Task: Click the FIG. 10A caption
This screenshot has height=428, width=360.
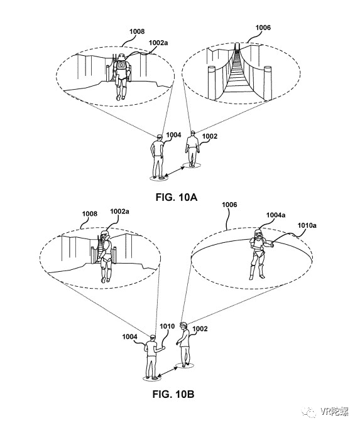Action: [x=177, y=197]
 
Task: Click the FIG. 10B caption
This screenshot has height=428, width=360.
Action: [x=173, y=394]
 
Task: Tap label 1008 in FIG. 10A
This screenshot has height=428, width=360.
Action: [x=137, y=31]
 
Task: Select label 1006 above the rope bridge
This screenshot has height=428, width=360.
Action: [x=263, y=28]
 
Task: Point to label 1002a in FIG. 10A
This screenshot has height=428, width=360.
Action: [x=158, y=43]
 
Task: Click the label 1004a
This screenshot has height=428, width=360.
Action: [x=276, y=215]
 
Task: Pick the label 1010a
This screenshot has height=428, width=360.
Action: [x=307, y=225]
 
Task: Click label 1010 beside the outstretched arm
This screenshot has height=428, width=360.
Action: [x=167, y=326]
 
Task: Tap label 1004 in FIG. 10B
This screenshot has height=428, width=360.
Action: [x=129, y=336]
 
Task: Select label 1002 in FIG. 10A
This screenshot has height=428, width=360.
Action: [x=210, y=136]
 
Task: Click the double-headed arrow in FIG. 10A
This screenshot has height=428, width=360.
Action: [x=175, y=171]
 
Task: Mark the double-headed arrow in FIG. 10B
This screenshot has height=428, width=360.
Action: [x=168, y=372]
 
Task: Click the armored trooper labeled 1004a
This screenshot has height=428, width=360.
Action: [x=258, y=254]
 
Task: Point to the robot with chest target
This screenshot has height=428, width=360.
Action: [x=121, y=77]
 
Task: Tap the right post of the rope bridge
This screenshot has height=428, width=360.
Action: [x=268, y=82]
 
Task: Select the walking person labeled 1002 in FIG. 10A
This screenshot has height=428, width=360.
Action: [x=192, y=149]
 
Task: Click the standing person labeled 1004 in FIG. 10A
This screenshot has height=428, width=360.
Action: [x=158, y=157]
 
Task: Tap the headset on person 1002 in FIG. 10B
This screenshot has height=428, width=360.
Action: [x=183, y=324]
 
